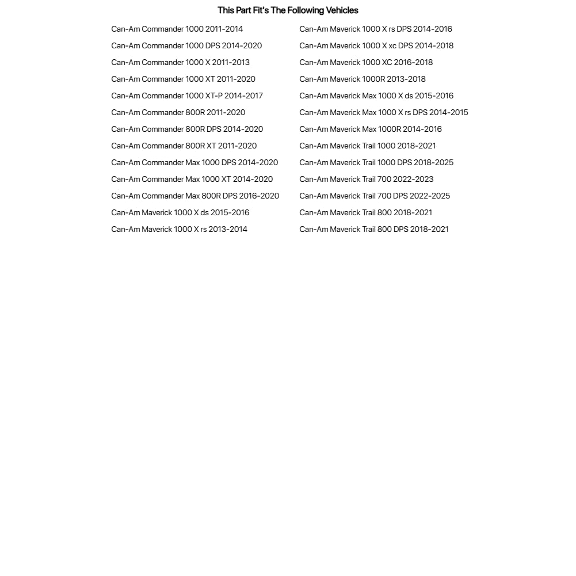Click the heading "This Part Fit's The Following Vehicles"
coord(288,10)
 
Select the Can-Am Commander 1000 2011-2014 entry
coord(177,29)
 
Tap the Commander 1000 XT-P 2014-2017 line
coord(187,96)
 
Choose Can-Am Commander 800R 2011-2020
coord(178,113)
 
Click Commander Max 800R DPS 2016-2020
coord(195,196)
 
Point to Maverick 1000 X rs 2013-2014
coord(180,230)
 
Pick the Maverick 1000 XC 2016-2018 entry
coord(366,63)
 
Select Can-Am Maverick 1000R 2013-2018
coord(363,79)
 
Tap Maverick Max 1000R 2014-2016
coord(371,129)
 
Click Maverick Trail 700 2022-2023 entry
coord(367,180)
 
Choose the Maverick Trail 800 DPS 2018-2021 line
coord(374,230)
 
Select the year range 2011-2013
coord(231,63)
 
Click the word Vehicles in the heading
coord(342,10)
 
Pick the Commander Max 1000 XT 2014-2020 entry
coord(192,180)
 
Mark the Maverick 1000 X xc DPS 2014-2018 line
coord(376,46)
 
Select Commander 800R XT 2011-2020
coord(184,146)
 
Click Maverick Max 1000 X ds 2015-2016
coord(376,96)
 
